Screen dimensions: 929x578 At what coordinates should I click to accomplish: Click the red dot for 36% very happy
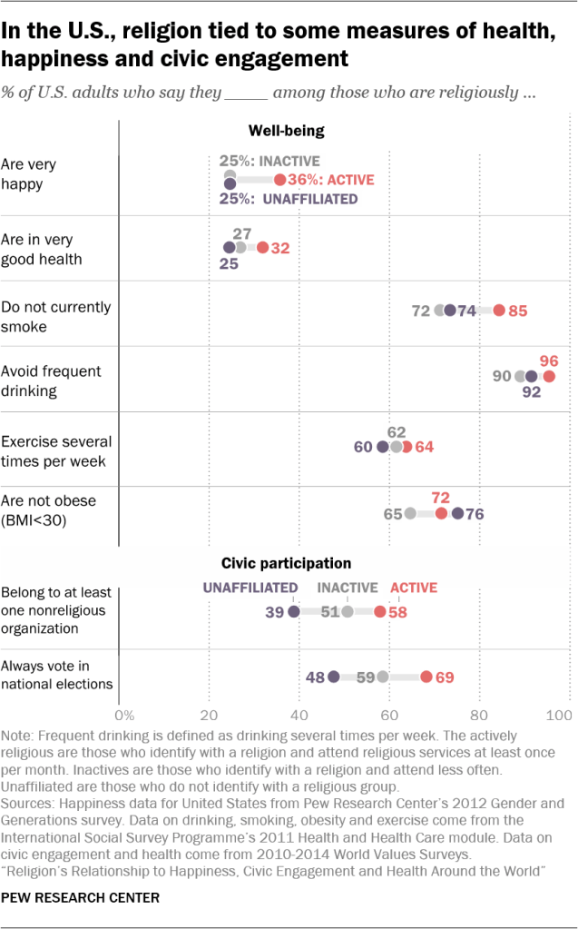click(x=280, y=180)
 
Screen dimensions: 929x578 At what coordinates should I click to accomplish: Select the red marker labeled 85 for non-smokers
click(x=499, y=311)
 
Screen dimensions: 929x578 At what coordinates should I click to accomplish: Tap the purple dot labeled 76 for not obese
click(x=458, y=513)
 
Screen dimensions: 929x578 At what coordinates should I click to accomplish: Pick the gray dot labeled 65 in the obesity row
click(x=410, y=513)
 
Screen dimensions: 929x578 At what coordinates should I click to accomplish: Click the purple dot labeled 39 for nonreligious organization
click(x=294, y=612)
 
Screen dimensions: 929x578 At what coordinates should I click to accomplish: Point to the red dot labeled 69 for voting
click(x=426, y=677)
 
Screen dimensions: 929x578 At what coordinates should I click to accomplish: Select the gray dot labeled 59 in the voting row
click(x=383, y=677)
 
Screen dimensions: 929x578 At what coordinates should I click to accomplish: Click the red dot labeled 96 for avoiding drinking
click(x=549, y=376)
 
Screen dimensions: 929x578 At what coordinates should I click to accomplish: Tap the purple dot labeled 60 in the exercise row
click(x=383, y=447)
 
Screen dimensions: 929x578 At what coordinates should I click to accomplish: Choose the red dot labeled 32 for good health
click(x=262, y=247)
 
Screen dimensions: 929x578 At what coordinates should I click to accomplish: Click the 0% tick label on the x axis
click(x=124, y=715)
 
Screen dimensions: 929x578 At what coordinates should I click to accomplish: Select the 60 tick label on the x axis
click(x=388, y=715)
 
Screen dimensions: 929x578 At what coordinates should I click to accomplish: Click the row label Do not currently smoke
click(x=56, y=316)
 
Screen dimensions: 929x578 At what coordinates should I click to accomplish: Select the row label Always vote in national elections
click(x=56, y=676)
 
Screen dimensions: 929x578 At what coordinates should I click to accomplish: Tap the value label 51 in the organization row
click(x=330, y=612)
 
